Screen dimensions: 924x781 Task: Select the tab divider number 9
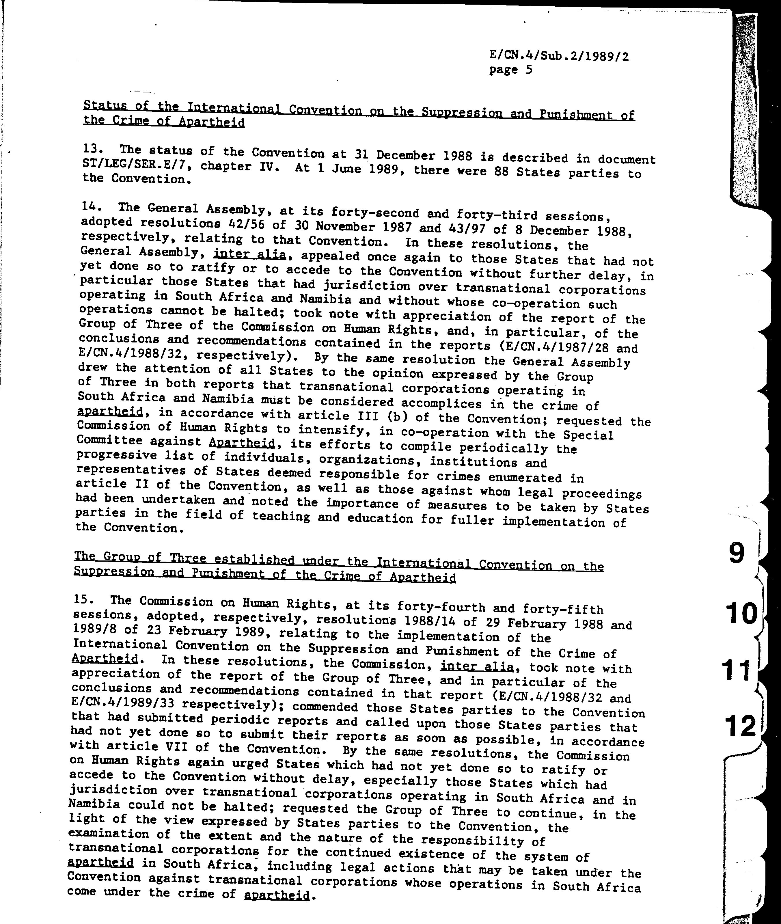736,554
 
